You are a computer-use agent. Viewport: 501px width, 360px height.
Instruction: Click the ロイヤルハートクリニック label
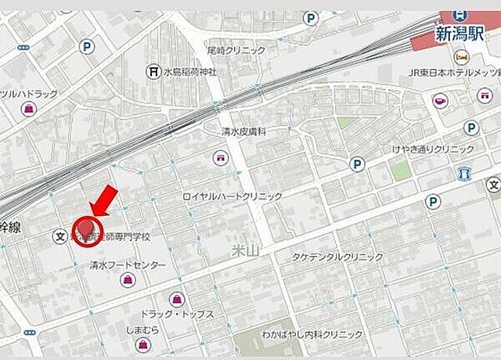tap(232, 196)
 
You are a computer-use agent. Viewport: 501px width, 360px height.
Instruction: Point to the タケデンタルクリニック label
tap(338, 257)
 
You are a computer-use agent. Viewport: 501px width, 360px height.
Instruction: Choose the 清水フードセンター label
tap(128, 265)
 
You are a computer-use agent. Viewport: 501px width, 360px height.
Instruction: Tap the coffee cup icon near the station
tap(438, 100)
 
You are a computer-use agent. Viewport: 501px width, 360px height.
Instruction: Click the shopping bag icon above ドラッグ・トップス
tap(177, 297)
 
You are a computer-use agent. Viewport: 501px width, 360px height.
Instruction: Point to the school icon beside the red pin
tap(59, 235)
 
